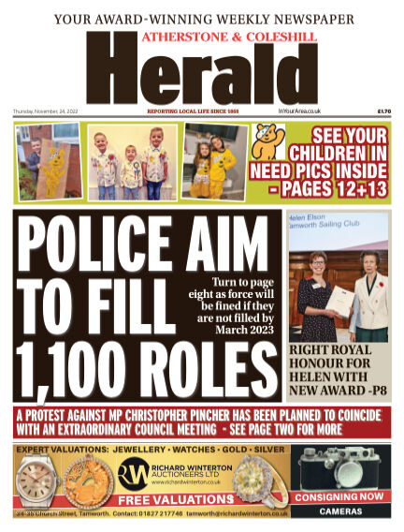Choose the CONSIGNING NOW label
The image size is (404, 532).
(344, 496)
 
